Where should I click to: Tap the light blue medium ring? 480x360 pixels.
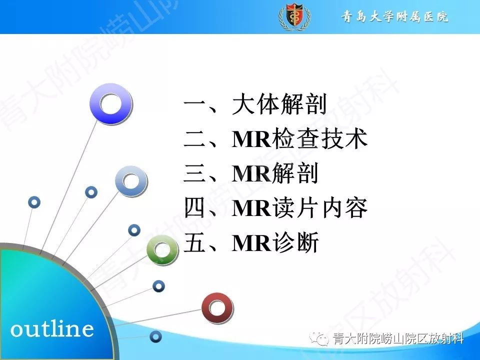point(131,181)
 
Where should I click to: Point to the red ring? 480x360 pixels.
point(217,308)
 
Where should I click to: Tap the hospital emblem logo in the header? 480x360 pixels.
point(293,17)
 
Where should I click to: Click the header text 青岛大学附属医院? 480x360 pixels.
point(395,17)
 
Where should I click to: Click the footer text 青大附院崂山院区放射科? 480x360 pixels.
point(398,340)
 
